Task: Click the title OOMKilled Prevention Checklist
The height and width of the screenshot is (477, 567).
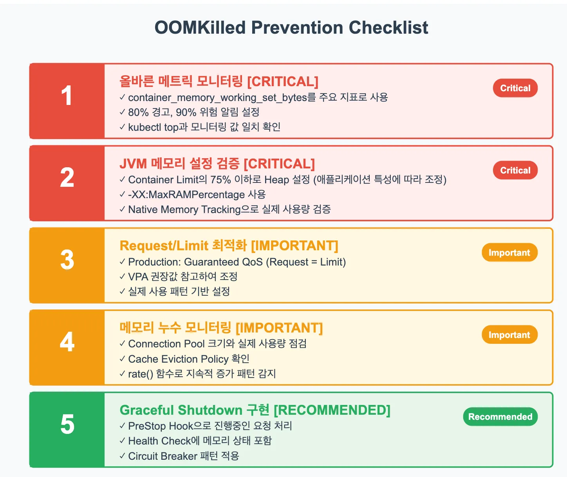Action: pos(291,28)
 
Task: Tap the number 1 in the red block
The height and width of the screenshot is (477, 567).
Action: pos(67,96)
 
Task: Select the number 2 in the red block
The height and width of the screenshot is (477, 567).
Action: pos(67,178)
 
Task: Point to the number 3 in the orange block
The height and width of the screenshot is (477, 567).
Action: pos(67,260)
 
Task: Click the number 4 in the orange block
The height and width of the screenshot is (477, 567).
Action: pos(67,342)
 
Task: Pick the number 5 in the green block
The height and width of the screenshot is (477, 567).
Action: pos(67,425)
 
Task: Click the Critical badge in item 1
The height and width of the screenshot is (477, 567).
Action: pos(515,88)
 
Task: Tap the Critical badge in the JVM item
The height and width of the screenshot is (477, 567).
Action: pos(515,170)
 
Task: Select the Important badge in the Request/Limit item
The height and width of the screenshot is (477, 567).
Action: pos(509,253)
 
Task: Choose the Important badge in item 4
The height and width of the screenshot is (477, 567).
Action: pos(509,335)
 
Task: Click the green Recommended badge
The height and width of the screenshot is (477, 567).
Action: pos(500,417)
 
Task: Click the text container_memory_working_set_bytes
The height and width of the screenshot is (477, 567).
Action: pos(217,98)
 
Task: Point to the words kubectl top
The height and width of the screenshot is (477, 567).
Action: pos(153,127)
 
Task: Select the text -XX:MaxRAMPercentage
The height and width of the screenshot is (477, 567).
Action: pos(186,195)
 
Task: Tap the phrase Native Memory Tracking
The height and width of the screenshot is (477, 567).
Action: pos(184,210)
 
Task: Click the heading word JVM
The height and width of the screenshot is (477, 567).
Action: pos(133,164)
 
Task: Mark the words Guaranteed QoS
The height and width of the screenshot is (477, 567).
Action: pos(223,262)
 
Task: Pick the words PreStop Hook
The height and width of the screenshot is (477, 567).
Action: pos(161,426)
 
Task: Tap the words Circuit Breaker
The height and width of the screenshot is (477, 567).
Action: pos(163,456)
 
